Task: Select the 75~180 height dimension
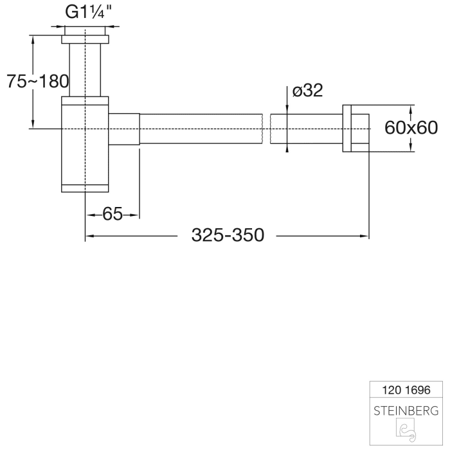click(37, 82)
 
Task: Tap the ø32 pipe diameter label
click(307, 91)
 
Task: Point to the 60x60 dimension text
click(410, 128)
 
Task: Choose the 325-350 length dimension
click(228, 235)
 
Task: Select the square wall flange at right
click(355, 128)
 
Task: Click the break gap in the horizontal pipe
click(266, 129)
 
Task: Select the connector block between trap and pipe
click(124, 129)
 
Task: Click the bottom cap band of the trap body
click(85, 188)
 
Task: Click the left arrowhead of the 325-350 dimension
click(90, 236)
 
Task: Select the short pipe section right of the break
click(306, 129)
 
